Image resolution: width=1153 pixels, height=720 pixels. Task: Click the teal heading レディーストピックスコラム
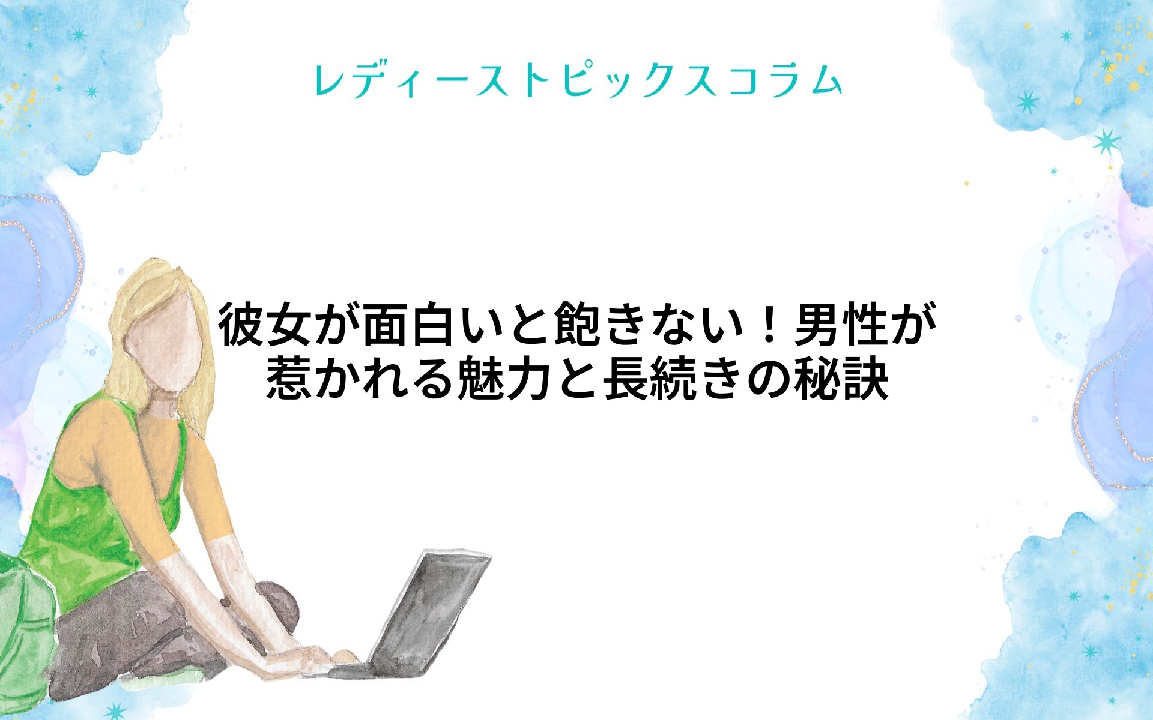[x=578, y=82]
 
